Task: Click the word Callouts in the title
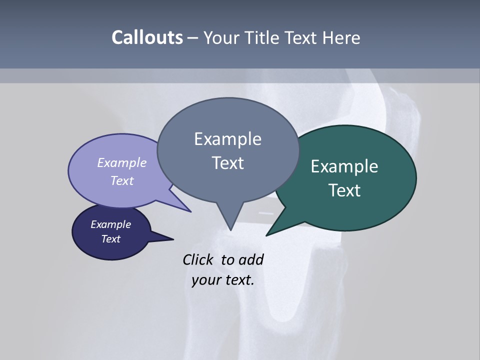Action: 147,38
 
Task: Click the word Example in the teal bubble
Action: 344,166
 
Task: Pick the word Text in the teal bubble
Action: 344,190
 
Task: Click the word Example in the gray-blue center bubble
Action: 227,139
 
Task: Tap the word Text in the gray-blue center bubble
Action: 227,163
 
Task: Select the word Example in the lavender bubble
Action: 122,163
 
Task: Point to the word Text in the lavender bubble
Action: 122,181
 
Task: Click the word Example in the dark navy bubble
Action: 110,225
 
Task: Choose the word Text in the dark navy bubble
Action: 110,239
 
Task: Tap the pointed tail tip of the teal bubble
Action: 266,235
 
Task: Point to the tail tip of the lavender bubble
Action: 190,211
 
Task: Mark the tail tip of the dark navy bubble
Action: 173,239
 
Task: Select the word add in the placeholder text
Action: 251,260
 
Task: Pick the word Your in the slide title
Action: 220,38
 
